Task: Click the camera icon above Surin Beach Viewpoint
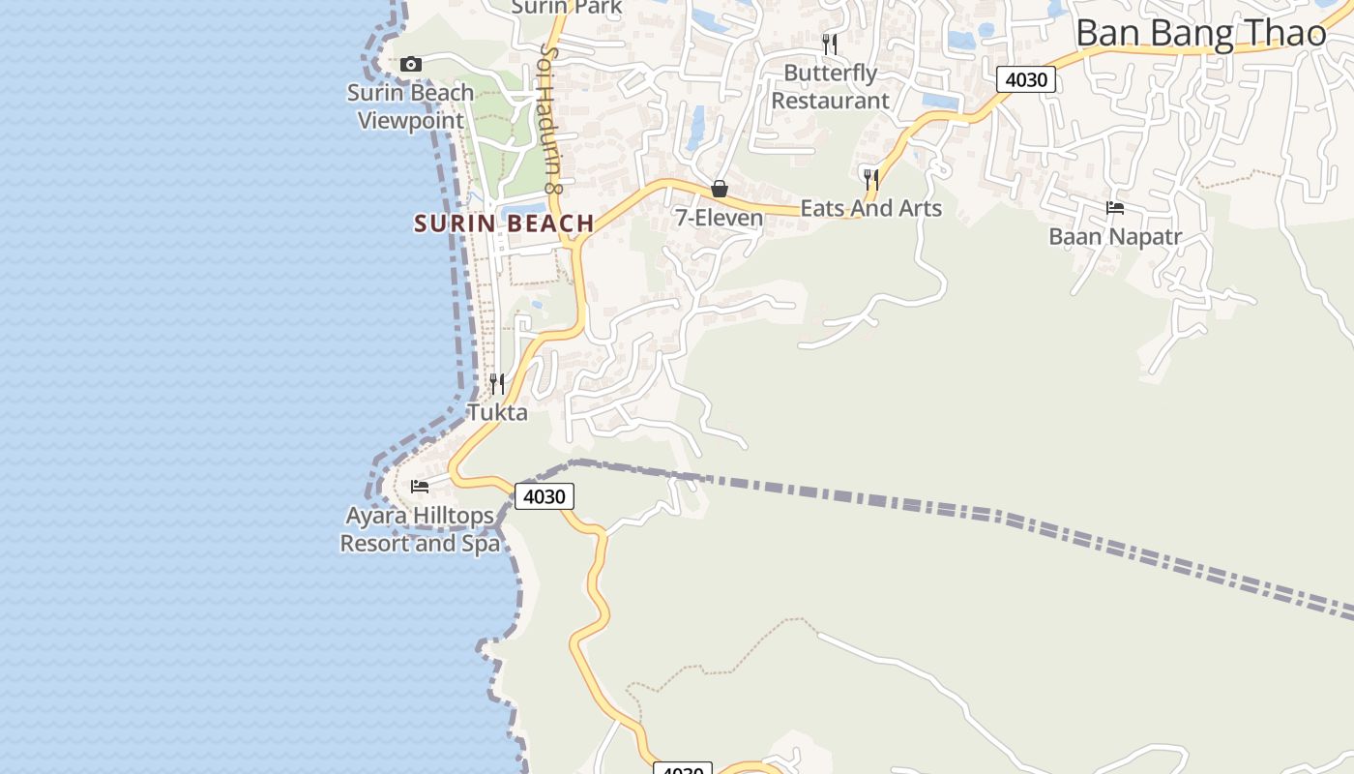411,65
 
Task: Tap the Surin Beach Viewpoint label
411,106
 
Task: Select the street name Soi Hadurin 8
551,118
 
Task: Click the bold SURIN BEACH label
504,223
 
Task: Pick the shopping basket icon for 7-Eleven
720,189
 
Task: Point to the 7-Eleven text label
720,219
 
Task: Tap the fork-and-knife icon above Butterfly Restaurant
829,44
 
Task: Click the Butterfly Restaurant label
830,87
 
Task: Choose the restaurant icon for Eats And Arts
870,179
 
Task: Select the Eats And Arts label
870,208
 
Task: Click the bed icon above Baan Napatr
1115,208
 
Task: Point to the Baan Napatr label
1115,237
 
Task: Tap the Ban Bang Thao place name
1201,34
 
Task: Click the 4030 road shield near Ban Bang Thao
1025,79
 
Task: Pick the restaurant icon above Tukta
497,384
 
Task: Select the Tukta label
498,413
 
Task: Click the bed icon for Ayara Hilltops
420,486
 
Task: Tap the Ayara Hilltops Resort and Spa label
420,529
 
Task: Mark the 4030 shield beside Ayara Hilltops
544,496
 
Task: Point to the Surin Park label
566,8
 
